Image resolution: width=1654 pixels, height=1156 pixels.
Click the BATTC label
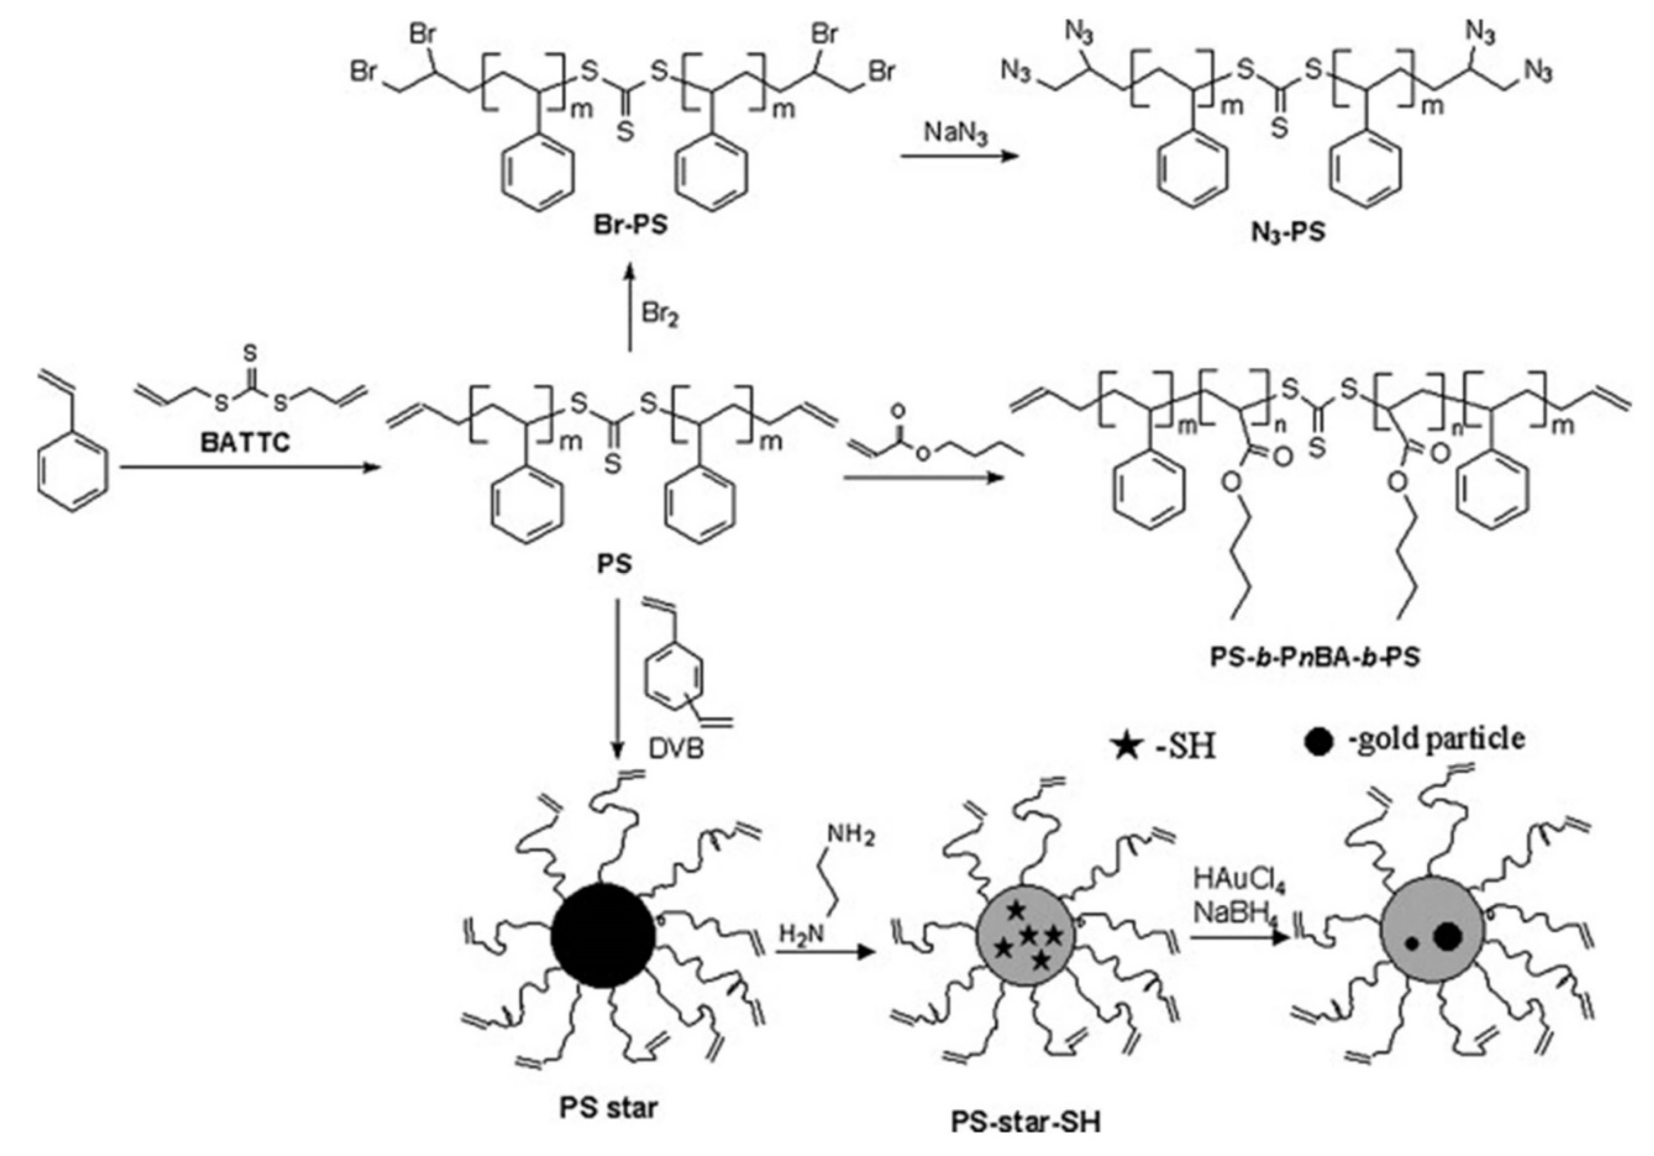(x=245, y=442)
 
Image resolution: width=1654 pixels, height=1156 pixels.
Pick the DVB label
(x=676, y=749)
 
